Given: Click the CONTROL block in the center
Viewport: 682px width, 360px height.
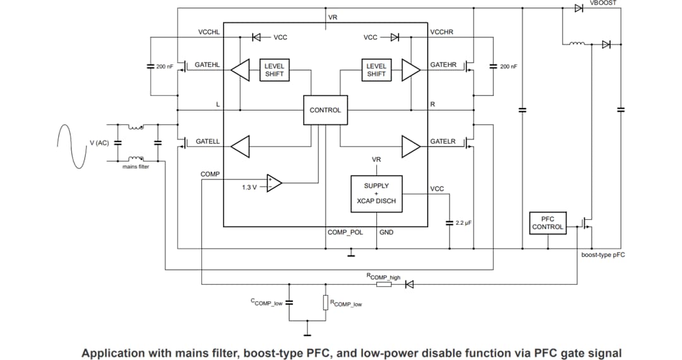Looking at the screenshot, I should (x=325, y=110).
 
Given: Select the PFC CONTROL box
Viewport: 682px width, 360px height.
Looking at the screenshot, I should (x=547, y=223).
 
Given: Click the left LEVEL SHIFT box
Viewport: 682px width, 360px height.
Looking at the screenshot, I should (x=274, y=70).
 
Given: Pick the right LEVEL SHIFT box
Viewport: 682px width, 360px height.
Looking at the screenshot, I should (x=376, y=70).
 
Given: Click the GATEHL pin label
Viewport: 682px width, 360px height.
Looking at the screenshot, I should (x=207, y=64).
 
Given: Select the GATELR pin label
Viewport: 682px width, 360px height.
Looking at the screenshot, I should (x=443, y=141).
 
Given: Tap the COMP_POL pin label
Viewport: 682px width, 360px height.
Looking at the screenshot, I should (x=345, y=232).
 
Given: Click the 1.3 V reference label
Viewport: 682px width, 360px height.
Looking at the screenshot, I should (x=249, y=188).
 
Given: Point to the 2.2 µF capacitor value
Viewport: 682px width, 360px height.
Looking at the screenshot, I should (x=464, y=223).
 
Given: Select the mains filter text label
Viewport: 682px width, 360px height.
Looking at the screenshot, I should (x=136, y=167).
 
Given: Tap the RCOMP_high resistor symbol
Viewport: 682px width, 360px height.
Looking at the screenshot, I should (x=384, y=284).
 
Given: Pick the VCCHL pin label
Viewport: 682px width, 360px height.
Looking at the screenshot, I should (x=208, y=32).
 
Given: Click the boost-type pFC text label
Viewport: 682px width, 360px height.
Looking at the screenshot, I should (x=603, y=255).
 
